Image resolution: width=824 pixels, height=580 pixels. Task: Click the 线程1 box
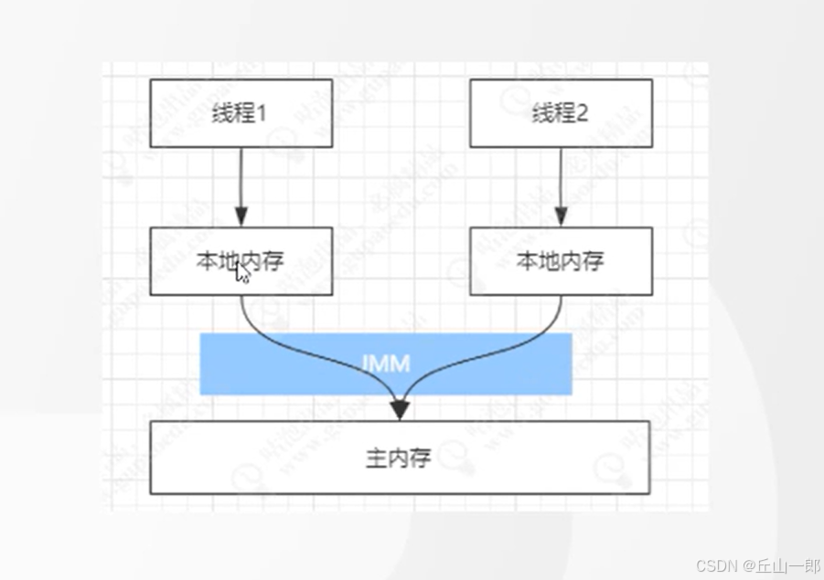[241, 113]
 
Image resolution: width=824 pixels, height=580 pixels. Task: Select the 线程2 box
[561, 113]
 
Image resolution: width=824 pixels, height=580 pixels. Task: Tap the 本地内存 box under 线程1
[241, 261]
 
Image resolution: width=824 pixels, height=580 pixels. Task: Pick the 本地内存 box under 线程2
[561, 261]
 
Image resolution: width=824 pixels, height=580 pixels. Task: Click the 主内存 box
[400, 458]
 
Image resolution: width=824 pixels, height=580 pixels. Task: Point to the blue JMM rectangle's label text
[386, 363]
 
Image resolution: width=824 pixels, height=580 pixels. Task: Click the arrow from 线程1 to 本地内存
[241, 183]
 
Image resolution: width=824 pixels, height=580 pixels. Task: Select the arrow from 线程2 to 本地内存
[561, 183]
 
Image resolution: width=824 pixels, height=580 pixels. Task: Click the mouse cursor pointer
[242, 273]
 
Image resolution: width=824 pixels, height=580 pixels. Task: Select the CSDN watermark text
[716, 566]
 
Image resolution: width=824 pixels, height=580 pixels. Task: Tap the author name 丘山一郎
[786, 566]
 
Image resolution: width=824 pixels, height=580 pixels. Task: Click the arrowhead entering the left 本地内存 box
[241, 218]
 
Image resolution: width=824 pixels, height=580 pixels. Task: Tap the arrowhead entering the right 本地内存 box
[561, 218]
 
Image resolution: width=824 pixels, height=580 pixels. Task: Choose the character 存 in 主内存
[420, 458]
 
